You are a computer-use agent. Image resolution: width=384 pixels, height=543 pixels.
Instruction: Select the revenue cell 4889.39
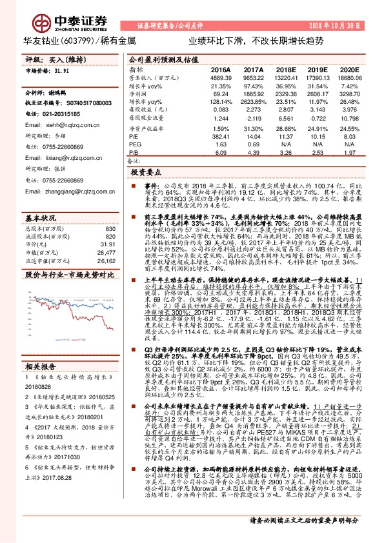(221, 77)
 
